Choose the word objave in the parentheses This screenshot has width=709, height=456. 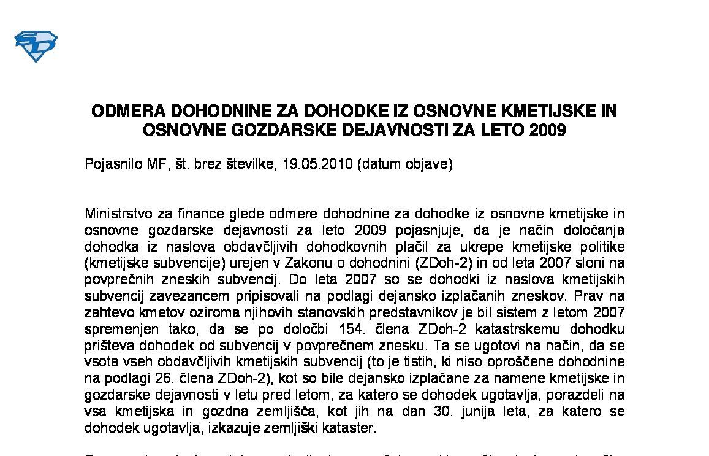tap(430, 164)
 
